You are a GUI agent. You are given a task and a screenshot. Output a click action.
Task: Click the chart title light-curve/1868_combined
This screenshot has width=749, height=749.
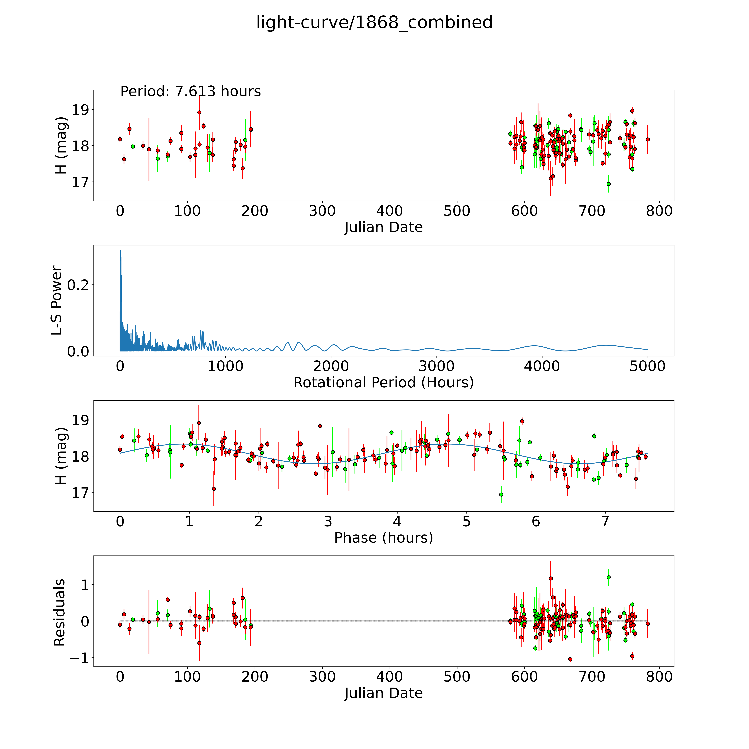point(374,22)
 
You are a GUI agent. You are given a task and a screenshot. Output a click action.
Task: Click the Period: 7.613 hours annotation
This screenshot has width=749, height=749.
point(190,92)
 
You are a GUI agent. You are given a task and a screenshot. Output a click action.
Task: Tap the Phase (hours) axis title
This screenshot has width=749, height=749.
point(383,538)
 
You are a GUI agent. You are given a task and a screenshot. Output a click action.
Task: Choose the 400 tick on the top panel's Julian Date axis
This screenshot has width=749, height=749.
point(390,211)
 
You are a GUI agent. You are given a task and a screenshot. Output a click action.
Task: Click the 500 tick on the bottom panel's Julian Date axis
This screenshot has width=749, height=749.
point(457,677)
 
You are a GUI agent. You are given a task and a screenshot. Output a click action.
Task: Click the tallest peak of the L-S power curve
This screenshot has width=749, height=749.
point(121,250)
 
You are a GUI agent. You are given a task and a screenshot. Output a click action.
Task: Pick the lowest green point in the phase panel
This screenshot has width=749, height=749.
point(501,494)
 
